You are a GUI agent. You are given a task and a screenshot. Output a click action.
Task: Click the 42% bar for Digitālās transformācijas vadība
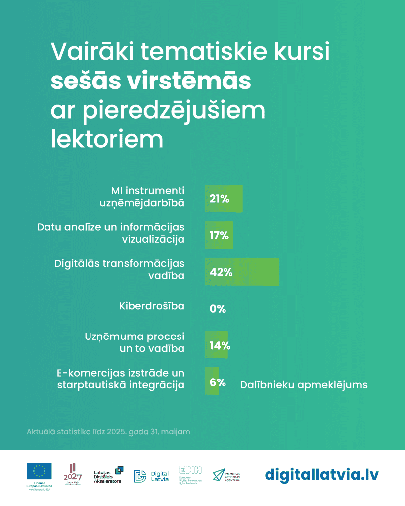coord(242,271)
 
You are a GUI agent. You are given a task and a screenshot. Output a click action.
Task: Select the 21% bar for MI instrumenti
coord(224,199)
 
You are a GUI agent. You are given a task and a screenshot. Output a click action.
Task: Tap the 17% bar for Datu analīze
coord(219,235)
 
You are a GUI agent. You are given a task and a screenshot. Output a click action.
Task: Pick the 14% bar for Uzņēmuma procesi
coord(217,345)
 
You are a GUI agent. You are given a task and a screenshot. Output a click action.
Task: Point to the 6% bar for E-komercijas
coord(212,381)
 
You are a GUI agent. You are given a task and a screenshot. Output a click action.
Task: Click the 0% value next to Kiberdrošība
coord(218,309)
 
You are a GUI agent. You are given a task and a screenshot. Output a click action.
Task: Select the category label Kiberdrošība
coord(152,306)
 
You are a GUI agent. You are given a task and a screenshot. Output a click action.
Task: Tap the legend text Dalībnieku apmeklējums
coord(304,385)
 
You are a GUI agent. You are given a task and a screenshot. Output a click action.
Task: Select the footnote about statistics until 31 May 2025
coord(108,432)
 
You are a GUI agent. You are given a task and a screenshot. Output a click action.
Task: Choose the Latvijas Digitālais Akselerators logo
coord(108,475)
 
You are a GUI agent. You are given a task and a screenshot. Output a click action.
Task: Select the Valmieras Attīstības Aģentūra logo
coord(227,476)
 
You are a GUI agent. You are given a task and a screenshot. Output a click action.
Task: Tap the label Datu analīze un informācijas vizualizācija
coord(111,233)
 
